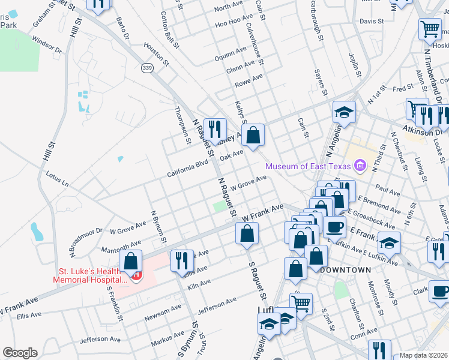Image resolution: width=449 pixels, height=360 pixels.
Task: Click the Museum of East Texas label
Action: click(309, 166)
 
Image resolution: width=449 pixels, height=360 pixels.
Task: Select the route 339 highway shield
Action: click(146, 68)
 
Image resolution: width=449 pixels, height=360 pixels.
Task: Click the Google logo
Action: click(20, 353)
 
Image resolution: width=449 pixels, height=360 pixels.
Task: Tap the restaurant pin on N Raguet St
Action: click(214, 130)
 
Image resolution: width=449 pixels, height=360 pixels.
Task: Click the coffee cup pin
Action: click(334, 226)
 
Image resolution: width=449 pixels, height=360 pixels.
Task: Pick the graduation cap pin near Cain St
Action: click(345, 112)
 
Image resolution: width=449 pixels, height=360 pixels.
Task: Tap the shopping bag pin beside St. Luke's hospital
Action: click(130, 261)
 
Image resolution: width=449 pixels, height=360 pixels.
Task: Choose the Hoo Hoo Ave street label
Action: click(229, 25)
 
